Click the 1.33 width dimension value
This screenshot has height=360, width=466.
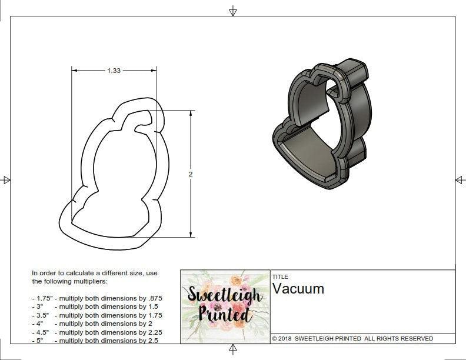tap(114, 71)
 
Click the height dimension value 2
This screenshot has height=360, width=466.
tap(191, 174)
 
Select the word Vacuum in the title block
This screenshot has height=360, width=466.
tap(298, 289)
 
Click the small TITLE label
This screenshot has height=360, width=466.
tap(279, 276)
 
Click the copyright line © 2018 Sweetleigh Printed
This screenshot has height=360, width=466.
tap(352, 339)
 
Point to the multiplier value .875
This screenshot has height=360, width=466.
tap(154, 298)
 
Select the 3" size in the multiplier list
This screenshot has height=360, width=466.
tap(39, 307)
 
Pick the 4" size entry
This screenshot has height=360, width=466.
tap(39, 324)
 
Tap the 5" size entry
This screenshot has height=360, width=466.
tap(39, 341)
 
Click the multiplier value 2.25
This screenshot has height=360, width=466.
tap(153, 332)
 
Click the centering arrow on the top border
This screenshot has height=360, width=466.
tap(233, 11)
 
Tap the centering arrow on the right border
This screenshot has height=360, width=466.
tap(460, 179)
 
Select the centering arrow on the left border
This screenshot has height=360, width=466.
tap(6, 179)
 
